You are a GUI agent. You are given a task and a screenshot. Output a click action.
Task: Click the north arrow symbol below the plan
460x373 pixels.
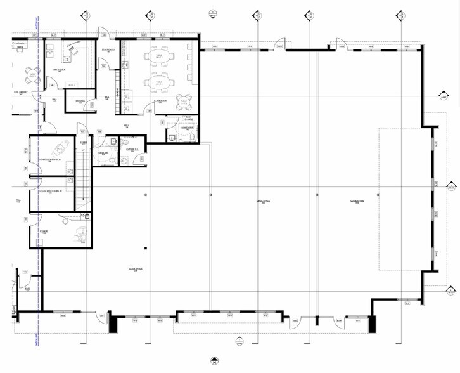[215, 362]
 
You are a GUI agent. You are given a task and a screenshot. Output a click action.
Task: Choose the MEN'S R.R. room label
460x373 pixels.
[101, 152]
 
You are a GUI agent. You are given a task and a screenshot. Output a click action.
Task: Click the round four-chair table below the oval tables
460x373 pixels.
[184, 101]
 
